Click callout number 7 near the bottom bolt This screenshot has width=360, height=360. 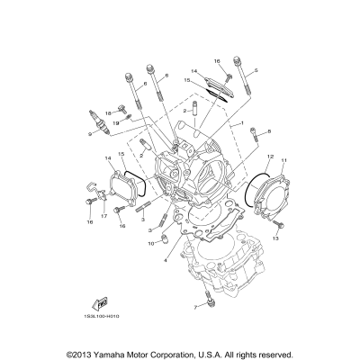click(193, 306)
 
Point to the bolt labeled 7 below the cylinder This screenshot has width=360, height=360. click(208, 298)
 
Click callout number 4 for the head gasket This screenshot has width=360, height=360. click(165, 261)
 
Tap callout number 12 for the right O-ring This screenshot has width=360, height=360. click(268, 156)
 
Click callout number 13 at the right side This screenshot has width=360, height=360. click(276, 240)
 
